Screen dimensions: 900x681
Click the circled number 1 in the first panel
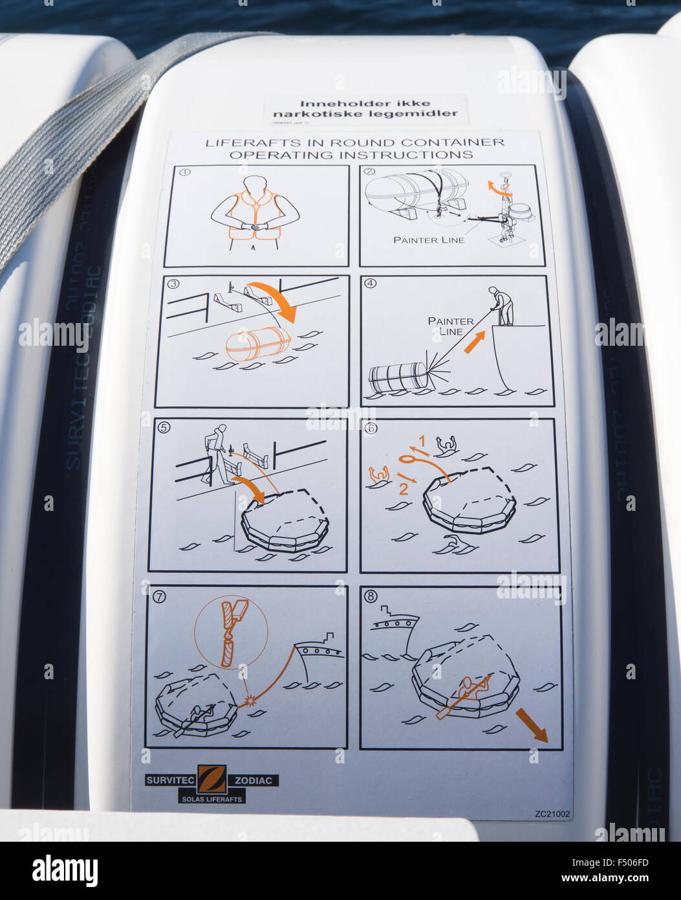click(185, 173)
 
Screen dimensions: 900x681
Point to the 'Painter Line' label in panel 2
click(429, 240)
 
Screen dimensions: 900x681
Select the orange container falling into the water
click(257, 343)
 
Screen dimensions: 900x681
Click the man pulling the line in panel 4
click(502, 306)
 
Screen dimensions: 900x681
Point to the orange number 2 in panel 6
click(403, 489)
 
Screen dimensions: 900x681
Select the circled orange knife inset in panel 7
click(231, 632)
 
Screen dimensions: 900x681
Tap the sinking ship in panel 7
click(318, 655)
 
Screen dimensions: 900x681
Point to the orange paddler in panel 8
click(467, 691)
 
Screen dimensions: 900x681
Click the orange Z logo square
click(212, 779)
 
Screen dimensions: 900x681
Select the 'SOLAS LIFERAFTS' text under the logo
click(211, 799)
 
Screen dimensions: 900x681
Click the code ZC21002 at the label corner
click(552, 814)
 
